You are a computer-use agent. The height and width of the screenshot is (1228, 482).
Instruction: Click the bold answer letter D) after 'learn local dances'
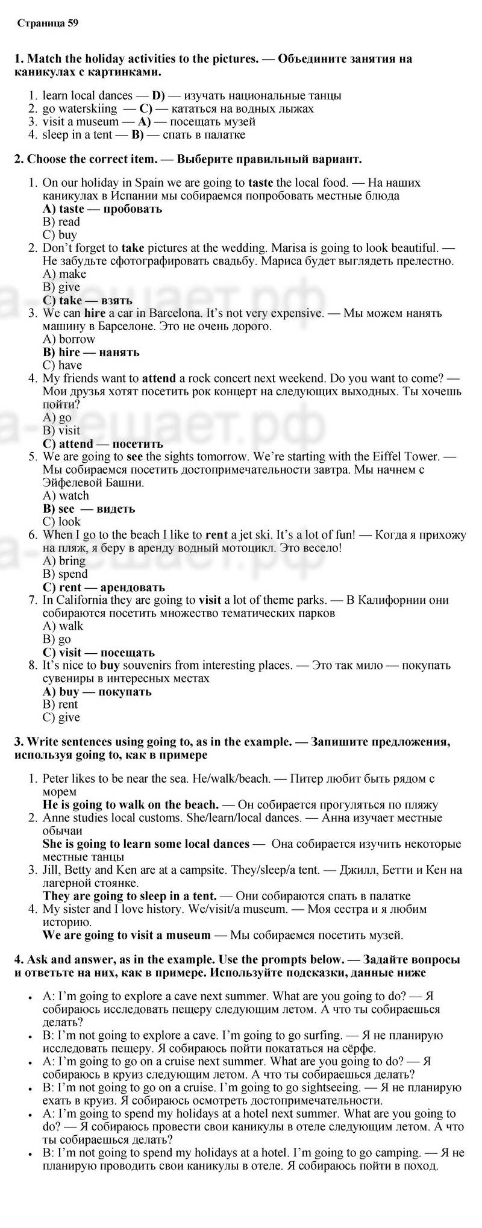click(158, 96)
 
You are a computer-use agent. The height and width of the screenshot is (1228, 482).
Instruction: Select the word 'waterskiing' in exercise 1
click(88, 109)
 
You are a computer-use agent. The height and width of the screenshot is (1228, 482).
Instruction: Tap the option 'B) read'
click(61, 222)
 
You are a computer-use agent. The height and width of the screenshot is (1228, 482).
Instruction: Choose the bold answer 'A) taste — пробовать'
click(102, 209)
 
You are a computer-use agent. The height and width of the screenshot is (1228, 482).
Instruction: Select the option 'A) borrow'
click(69, 339)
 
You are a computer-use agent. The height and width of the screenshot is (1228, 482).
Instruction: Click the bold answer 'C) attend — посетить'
click(103, 444)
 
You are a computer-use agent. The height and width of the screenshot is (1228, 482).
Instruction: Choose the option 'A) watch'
click(66, 496)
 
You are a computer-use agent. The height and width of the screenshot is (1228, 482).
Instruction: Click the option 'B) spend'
click(65, 574)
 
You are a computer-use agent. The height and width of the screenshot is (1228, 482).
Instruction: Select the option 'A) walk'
click(63, 626)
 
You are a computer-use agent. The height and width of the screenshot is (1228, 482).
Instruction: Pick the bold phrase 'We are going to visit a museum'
click(127, 935)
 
